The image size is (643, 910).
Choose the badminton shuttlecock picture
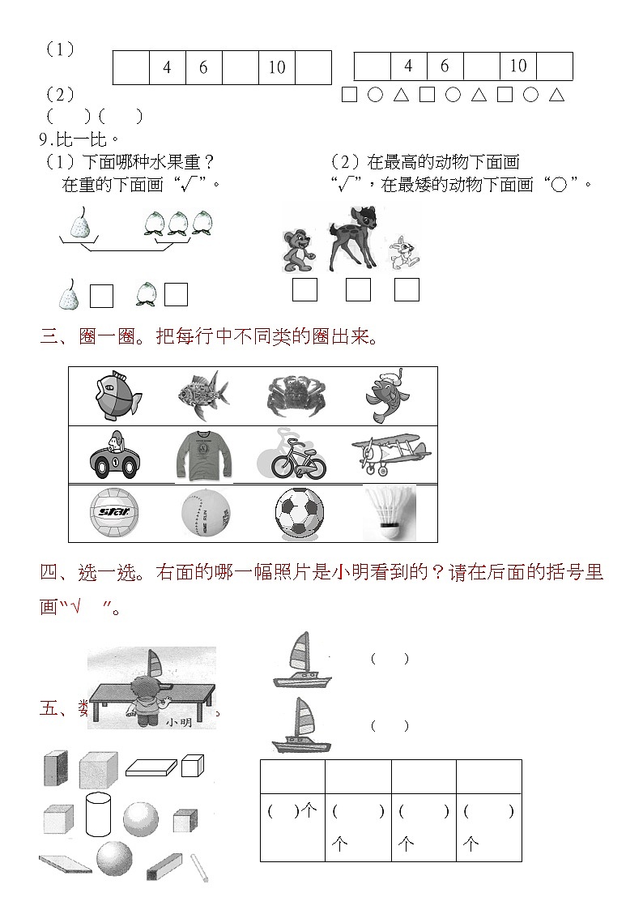tap(389, 514)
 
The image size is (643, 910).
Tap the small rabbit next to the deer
tap(400, 253)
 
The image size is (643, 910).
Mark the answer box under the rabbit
tap(407, 289)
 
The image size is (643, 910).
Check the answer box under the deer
tap(358, 289)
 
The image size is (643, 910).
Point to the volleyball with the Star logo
tap(113, 514)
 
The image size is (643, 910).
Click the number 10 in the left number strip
tap(277, 68)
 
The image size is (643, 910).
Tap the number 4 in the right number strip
tap(408, 66)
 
